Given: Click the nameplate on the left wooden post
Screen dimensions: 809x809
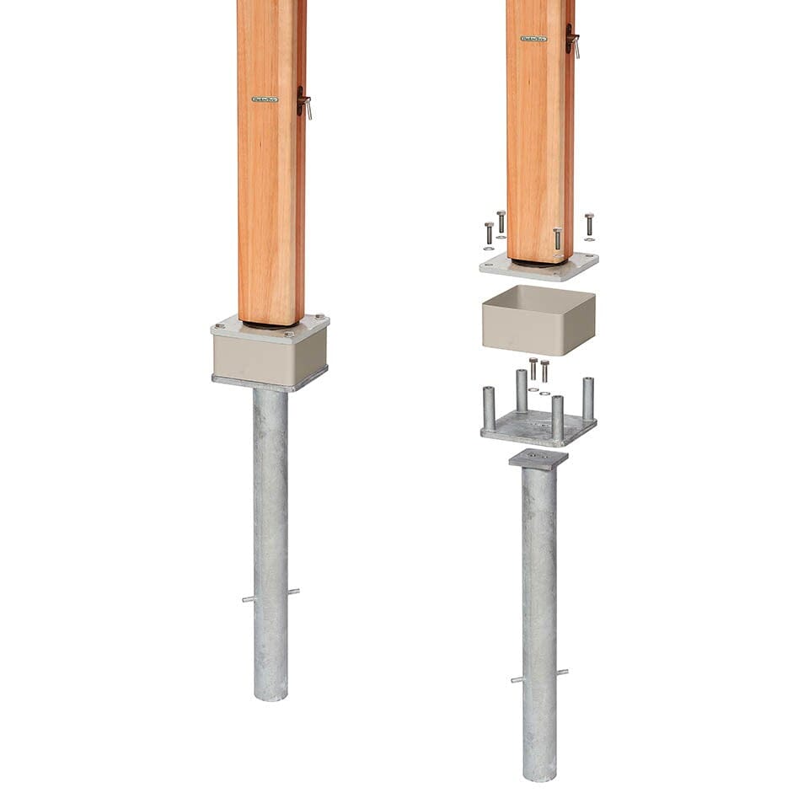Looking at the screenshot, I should tap(265, 99).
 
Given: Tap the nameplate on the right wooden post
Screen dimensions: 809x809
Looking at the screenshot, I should tap(533, 38).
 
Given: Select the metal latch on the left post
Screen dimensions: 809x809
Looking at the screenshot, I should tap(304, 102).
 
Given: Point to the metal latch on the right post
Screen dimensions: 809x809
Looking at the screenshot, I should tap(572, 40).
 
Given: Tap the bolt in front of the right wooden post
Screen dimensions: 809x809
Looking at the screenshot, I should tap(557, 238).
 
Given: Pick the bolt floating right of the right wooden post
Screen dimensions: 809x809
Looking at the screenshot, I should tap(589, 224).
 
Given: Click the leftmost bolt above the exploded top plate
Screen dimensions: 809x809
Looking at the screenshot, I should tap(489, 233).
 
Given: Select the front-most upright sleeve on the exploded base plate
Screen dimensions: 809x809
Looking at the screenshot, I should tap(557, 416).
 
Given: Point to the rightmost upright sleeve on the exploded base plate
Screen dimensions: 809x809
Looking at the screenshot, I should tap(588, 398).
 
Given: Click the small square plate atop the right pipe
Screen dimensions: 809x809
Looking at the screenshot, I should tap(538, 459).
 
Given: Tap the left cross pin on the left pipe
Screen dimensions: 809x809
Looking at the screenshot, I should tap(249, 599).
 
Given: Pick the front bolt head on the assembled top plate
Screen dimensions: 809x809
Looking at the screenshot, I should tap(288, 335).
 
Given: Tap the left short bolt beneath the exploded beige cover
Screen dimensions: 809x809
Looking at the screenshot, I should tap(533, 368).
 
